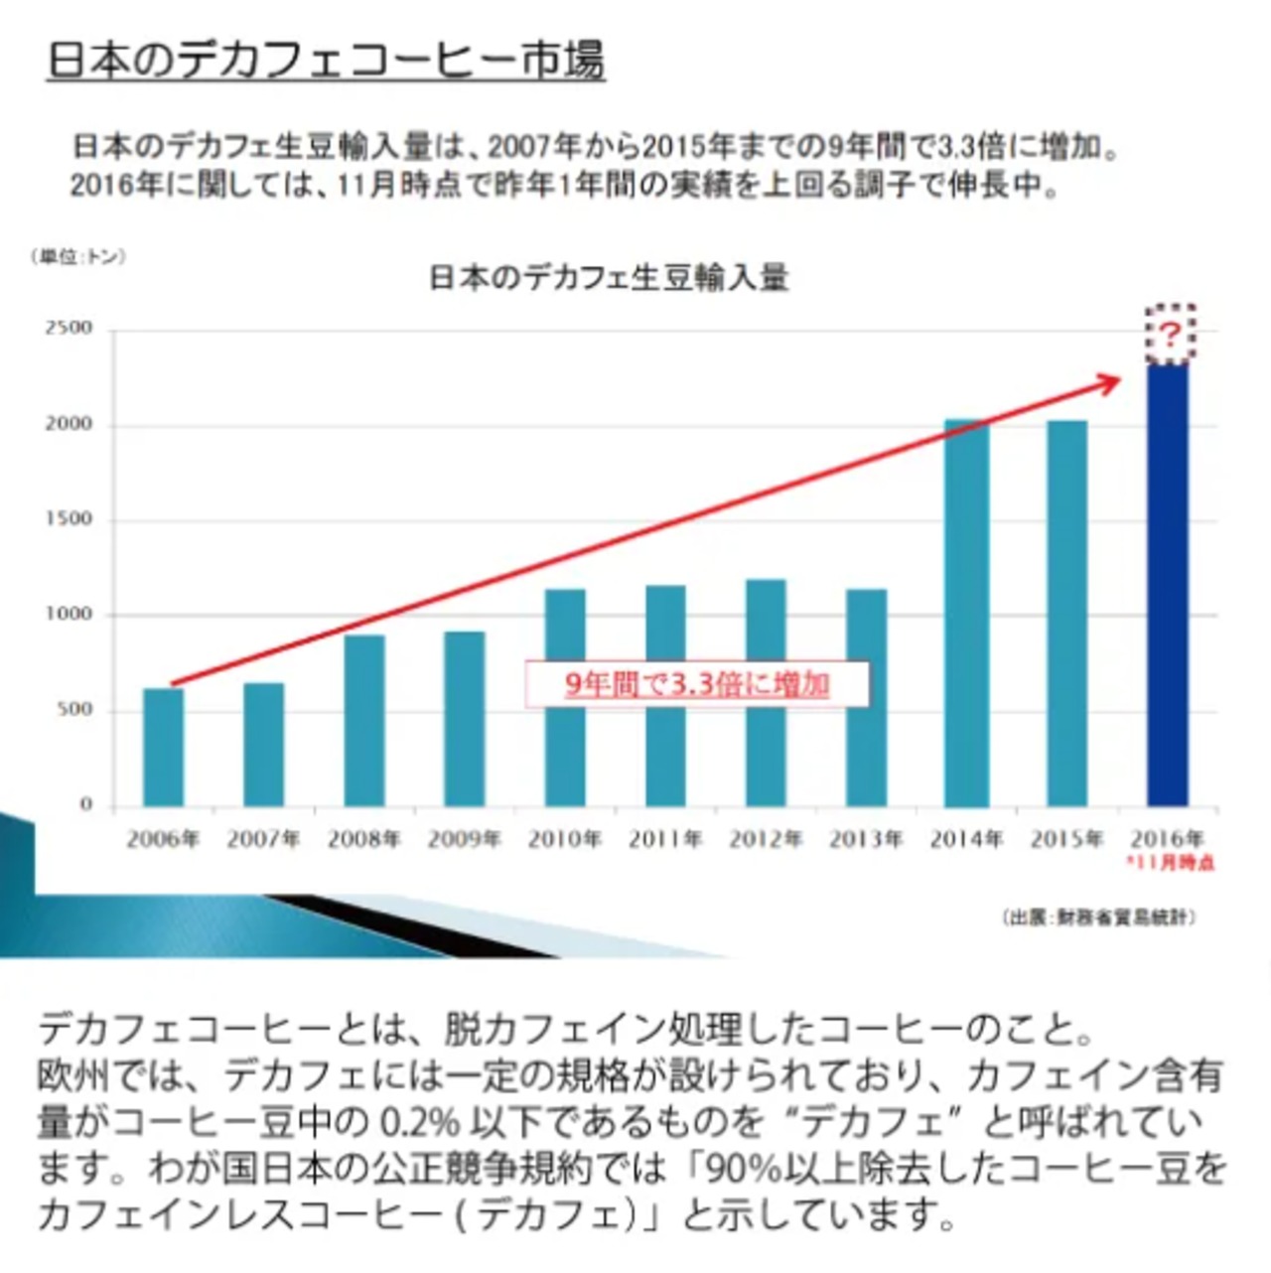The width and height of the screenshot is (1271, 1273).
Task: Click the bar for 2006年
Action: (164, 747)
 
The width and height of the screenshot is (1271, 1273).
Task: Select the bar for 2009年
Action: (465, 719)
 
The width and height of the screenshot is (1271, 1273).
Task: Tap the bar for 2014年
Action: (967, 613)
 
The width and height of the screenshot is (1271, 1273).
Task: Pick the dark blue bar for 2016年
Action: (1168, 586)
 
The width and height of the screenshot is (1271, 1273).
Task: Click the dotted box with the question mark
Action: (1171, 335)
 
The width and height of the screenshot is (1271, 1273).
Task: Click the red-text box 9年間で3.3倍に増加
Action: (696, 685)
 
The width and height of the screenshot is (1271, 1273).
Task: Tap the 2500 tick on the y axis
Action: (69, 329)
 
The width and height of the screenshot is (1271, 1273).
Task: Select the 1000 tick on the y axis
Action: (69, 615)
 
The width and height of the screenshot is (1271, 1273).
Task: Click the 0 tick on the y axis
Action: (86, 804)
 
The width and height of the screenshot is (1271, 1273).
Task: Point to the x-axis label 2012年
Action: (766, 840)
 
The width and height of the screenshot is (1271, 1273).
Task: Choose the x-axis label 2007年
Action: (263, 840)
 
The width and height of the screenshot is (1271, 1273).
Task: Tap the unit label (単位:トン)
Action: (78, 257)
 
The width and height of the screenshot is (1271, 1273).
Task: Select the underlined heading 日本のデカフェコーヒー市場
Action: (326, 61)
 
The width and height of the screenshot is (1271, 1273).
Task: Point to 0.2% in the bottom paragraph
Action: (420, 1123)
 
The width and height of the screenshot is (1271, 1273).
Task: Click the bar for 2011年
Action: (665, 695)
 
